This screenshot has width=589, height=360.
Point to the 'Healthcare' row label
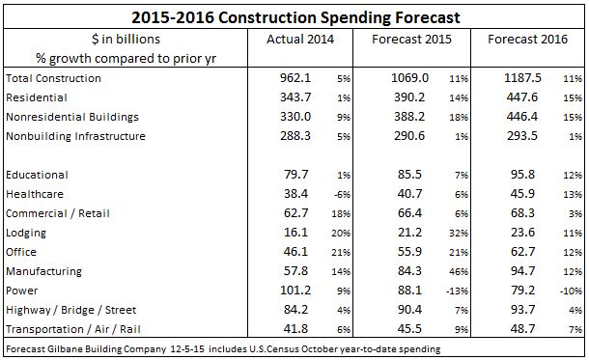34,195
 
